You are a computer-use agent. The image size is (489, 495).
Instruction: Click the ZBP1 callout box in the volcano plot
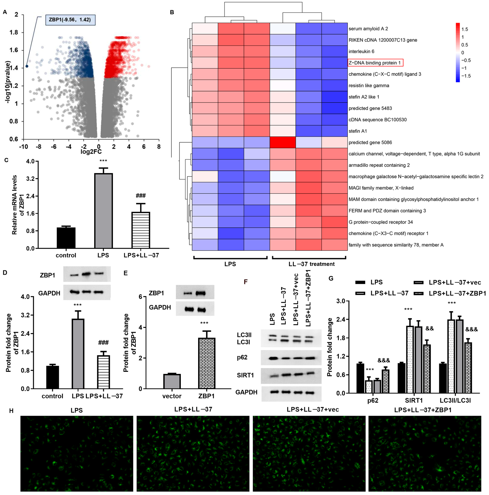[70, 20]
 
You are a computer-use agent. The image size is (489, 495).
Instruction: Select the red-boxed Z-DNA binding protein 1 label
[375, 63]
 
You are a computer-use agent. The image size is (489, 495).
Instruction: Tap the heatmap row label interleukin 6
[361, 52]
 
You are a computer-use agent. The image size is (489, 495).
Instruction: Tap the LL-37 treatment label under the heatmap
[311, 264]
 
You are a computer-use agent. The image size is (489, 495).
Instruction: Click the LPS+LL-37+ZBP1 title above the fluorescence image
[423, 410]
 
